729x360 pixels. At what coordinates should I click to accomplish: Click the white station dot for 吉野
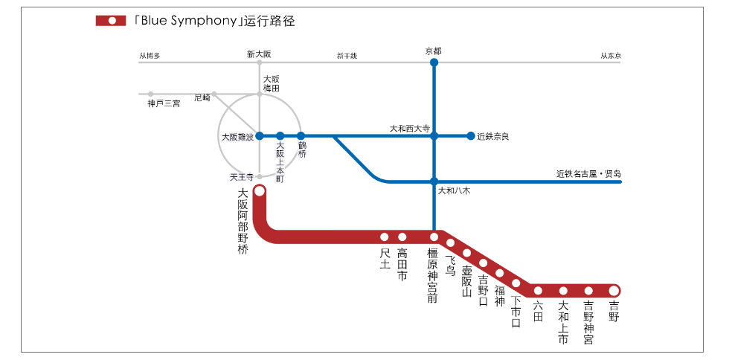(614, 290)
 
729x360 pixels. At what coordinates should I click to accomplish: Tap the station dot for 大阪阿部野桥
(260, 191)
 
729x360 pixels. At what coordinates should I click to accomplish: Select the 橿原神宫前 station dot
(434, 237)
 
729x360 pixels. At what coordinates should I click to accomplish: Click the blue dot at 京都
(434, 62)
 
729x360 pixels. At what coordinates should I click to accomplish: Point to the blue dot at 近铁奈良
(470, 135)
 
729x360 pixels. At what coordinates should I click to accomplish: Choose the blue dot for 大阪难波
(260, 136)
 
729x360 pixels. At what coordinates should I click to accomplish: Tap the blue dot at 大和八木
(434, 181)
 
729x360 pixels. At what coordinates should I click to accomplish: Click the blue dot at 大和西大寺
(434, 136)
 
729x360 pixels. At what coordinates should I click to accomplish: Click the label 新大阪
(260, 54)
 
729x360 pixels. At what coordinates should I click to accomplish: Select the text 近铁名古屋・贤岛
(588, 174)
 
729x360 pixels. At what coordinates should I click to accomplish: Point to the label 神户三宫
(164, 103)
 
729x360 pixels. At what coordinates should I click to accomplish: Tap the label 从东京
(611, 55)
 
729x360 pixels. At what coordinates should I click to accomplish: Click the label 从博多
(150, 55)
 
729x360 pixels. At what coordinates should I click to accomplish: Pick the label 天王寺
(242, 177)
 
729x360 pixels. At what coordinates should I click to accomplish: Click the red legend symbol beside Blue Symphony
(111, 21)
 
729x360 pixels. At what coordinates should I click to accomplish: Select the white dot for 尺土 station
(385, 237)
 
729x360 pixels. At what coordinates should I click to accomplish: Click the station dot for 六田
(538, 290)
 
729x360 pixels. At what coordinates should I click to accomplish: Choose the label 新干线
(347, 55)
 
